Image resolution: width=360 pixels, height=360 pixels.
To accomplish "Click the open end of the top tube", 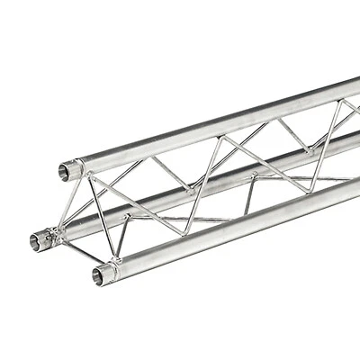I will [66, 168].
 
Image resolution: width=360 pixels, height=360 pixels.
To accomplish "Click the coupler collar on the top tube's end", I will [76, 167].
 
